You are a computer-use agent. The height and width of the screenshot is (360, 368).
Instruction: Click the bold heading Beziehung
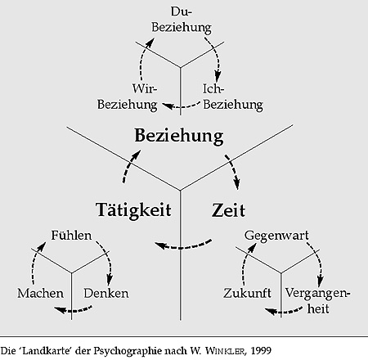coord(179,137)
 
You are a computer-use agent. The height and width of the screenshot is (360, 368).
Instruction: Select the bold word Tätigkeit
coord(133,210)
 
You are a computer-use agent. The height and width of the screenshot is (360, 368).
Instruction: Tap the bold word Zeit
coord(228,210)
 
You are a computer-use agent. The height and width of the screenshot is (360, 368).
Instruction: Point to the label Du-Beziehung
coord(182,20)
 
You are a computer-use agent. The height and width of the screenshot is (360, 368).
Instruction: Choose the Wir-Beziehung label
coord(128,97)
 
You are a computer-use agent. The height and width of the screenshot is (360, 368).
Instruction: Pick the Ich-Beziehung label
coord(233,97)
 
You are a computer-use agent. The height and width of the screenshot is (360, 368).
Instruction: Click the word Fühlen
coord(71,236)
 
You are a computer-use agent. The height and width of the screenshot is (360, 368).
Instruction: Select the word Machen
coord(40,294)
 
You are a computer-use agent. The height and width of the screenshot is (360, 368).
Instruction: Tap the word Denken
coord(106,294)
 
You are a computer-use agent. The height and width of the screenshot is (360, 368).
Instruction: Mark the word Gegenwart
coord(276,236)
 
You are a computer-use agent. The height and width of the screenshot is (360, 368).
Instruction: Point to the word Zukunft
coord(247,294)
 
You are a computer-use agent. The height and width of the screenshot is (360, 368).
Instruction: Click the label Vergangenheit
coord(317,301)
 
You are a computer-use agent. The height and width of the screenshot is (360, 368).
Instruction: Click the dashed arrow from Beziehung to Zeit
coord(233,170)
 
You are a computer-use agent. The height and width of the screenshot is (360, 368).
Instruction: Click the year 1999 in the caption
coord(261,351)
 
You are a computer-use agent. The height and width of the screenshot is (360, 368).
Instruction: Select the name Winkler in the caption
coord(226,351)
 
